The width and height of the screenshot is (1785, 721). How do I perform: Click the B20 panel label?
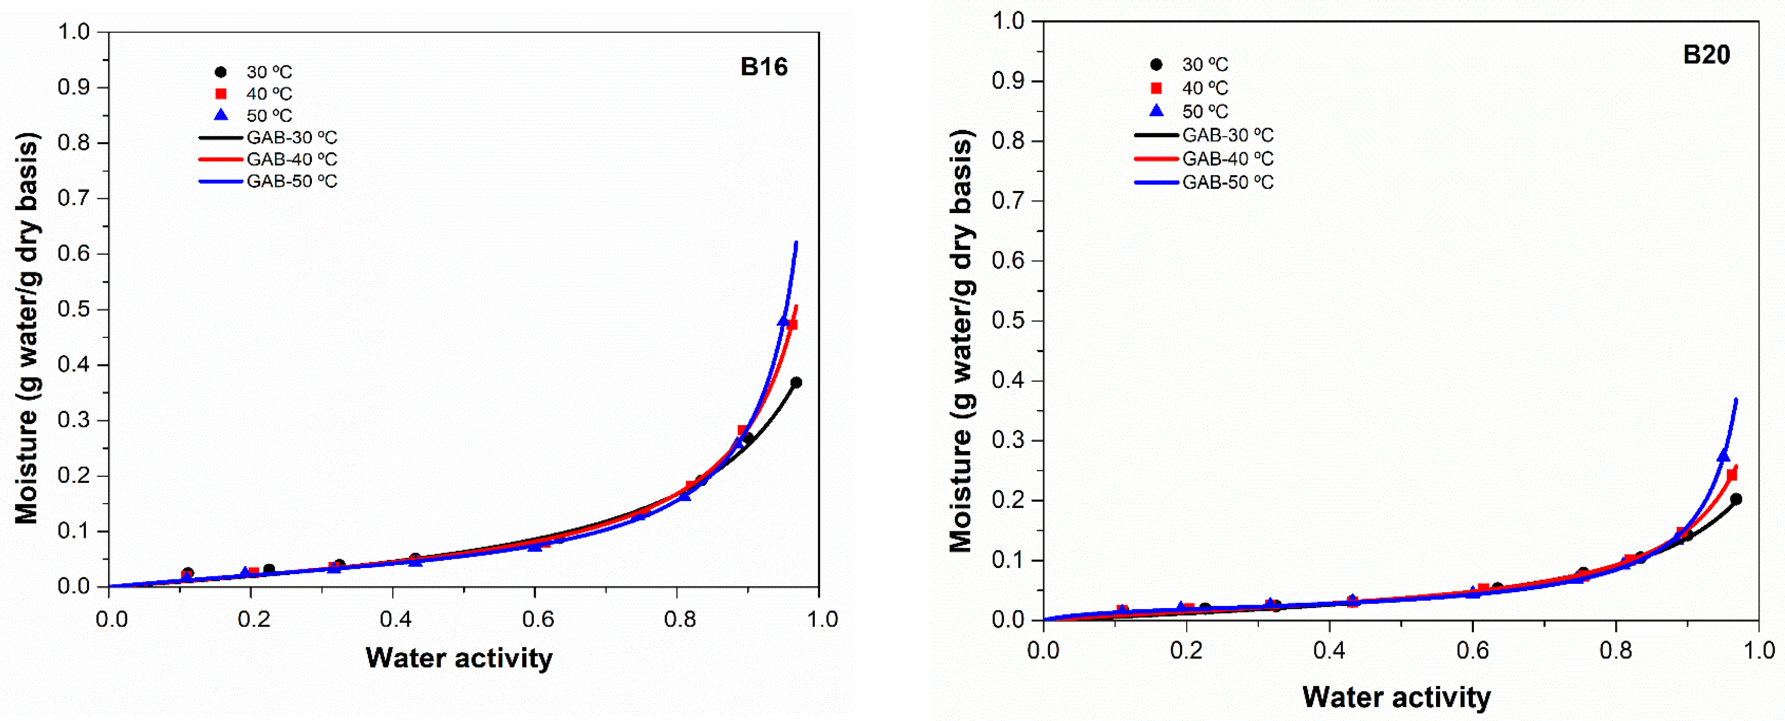[1706, 55]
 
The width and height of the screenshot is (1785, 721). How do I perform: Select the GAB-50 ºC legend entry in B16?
[268, 181]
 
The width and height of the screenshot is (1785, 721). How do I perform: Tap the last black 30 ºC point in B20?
[1736, 499]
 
